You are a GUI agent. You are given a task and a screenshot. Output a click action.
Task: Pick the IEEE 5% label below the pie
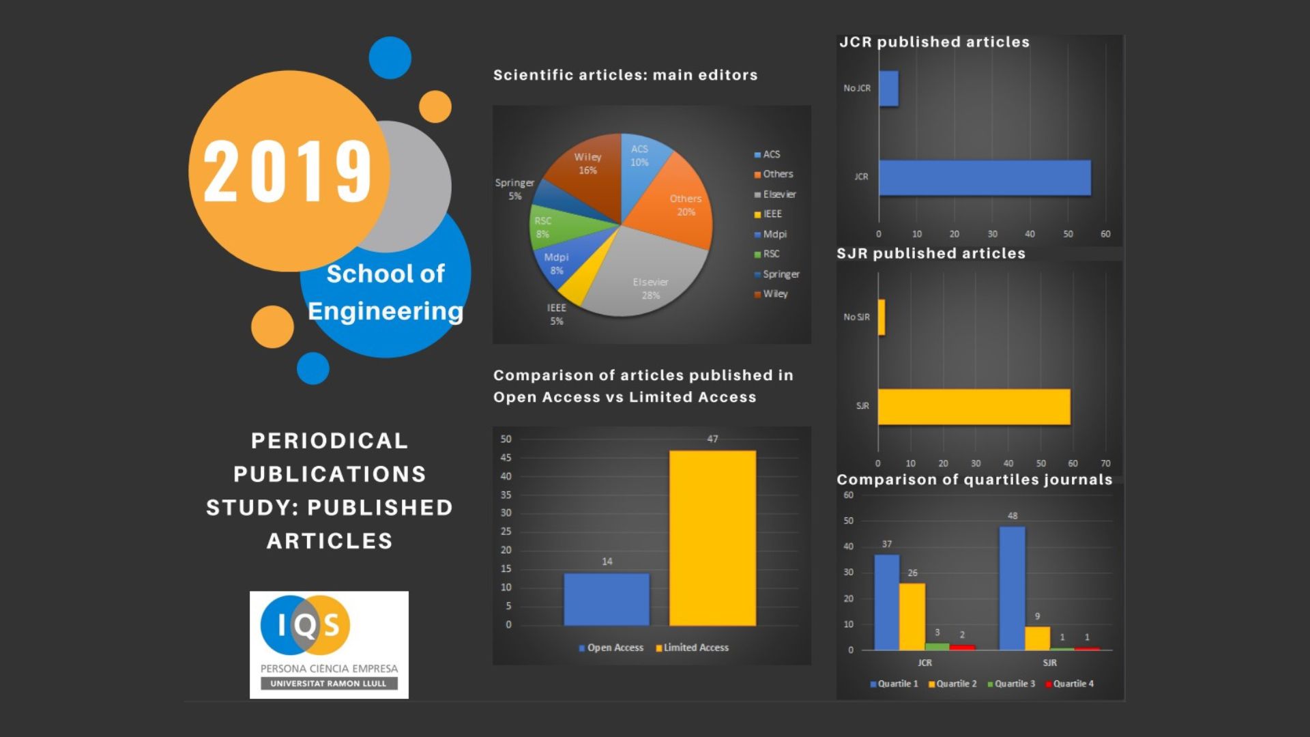pyautogui.click(x=557, y=315)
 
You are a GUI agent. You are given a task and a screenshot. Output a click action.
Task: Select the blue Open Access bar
pyautogui.click(x=607, y=599)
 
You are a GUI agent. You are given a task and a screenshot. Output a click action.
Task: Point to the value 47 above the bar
pyautogui.click(x=712, y=439)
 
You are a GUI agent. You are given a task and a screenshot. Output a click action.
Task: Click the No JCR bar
pyautogui.click(x=888, y=89)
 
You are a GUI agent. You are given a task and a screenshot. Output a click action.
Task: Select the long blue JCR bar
pyautogui.click(x=985, y=177)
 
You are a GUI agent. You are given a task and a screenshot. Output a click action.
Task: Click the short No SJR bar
pyautogui.click(x=882, y=317)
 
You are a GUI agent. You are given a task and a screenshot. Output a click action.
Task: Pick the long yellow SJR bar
pyautogui.click(x=974, y=407)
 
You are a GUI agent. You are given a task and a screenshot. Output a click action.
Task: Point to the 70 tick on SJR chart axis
pyautogui.click(x=1105, y=463)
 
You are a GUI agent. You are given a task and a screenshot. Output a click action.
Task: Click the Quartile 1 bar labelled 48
pyautogui.click(x=1012, y=588)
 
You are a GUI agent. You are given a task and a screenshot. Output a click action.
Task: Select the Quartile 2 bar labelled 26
pyautogui.click(x=912, y=617)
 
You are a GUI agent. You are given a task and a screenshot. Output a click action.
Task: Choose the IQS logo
pyautogui.click(x=329, y=644)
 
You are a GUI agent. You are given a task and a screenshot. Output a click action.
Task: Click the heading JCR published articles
pyautogui.click(x=934, y=42)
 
